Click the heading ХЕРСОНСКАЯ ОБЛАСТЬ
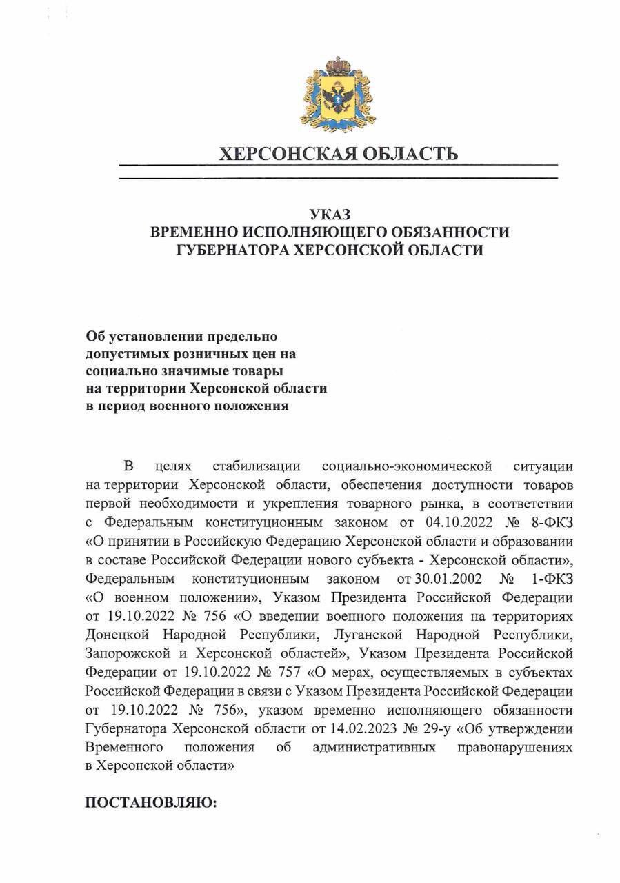pyautogui.click(x=338, y=153)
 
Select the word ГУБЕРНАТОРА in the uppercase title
pyautogui.click(x=230, y=250)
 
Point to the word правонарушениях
pyautogui.click(x=514, y=748)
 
